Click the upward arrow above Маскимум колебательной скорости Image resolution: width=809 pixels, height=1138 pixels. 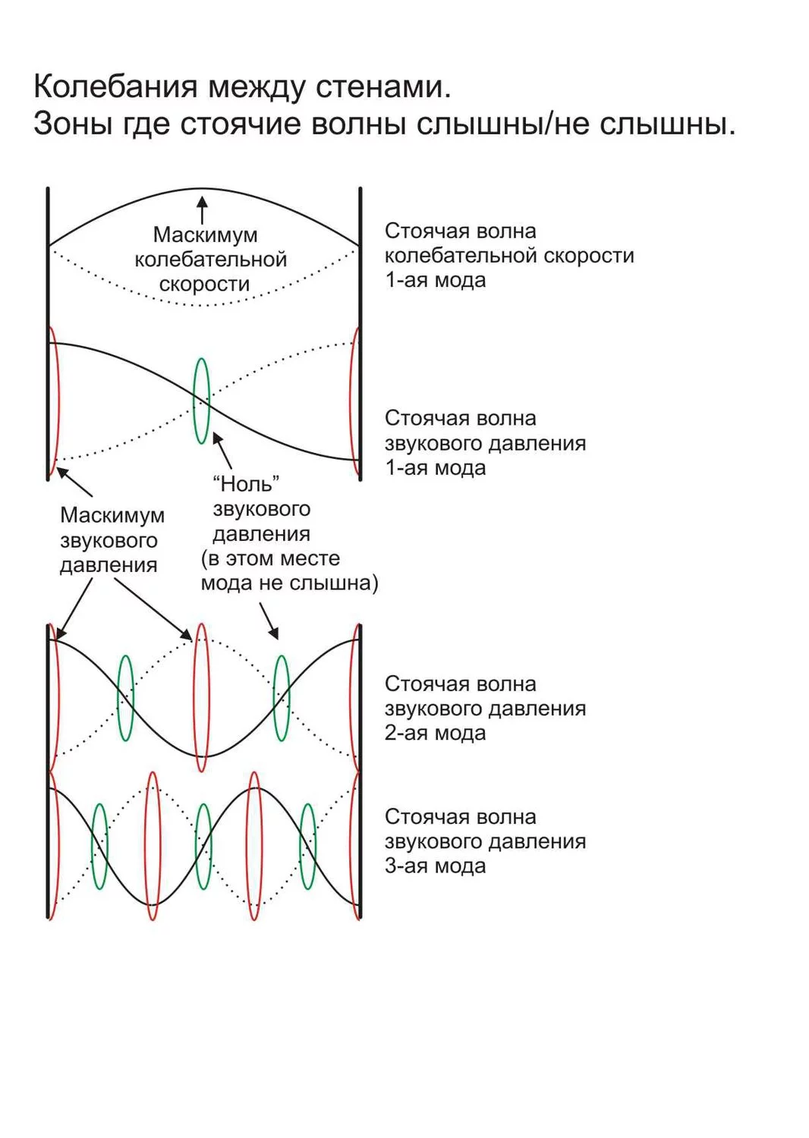tap(202, 209)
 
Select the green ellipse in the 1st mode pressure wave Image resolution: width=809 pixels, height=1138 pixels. tap(201, 401)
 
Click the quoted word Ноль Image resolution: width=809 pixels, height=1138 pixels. tap(246, 483)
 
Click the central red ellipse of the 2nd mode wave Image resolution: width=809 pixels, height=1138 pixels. tap(201, 697)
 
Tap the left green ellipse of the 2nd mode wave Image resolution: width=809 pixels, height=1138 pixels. tap(125, 697)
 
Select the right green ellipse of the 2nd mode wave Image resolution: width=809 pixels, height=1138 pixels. tap(281, 697)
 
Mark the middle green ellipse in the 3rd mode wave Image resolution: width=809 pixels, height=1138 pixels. tap(203, 846)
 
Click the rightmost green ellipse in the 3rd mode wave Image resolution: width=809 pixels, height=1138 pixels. tap(307, 846)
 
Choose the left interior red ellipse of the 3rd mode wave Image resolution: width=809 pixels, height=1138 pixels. tap(153, 846)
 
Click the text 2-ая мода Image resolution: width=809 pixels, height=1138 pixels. tap(435, 733)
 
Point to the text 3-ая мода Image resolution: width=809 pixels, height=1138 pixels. tap(435, 866)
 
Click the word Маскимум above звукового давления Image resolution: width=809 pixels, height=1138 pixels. tap(112, 515)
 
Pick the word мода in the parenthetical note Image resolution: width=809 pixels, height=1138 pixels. tap(225, 583)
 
